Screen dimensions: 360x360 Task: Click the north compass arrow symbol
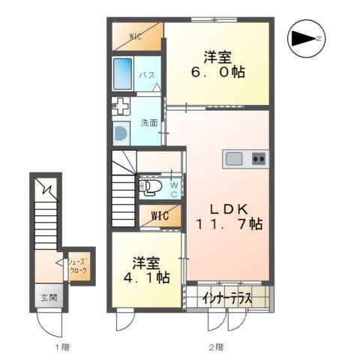306,38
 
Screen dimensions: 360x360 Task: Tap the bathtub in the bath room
122,73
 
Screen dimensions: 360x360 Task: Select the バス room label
147,75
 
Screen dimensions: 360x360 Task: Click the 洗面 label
149,122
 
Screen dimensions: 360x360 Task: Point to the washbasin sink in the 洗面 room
121,133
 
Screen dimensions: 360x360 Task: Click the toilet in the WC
150,187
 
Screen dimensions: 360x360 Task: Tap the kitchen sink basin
234,159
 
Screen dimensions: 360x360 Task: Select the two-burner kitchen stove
259,159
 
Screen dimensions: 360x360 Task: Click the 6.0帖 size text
218,72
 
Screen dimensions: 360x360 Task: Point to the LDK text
229,209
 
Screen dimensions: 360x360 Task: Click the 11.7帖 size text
229,224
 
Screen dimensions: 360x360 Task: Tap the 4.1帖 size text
147,277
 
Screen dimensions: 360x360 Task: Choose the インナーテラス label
226,298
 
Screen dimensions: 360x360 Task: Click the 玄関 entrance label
49,298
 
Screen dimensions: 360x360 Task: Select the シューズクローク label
78,266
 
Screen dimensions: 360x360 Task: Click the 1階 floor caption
62,347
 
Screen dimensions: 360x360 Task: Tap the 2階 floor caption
216,347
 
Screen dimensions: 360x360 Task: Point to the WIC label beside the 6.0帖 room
135,37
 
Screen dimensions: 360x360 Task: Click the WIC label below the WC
160,216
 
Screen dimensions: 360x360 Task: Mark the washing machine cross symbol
121,106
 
